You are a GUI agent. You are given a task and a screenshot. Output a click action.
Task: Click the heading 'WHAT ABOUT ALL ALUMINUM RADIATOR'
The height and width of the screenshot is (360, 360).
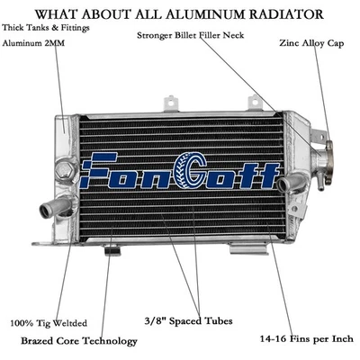pos(180,13)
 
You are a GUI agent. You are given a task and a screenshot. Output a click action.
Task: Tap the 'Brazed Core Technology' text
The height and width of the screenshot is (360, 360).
pos(79,341)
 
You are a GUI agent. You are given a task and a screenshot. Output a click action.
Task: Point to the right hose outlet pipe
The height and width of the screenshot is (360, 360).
pos(291,184)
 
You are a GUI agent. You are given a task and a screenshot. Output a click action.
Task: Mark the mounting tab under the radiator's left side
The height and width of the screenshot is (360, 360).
pos(112,248)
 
